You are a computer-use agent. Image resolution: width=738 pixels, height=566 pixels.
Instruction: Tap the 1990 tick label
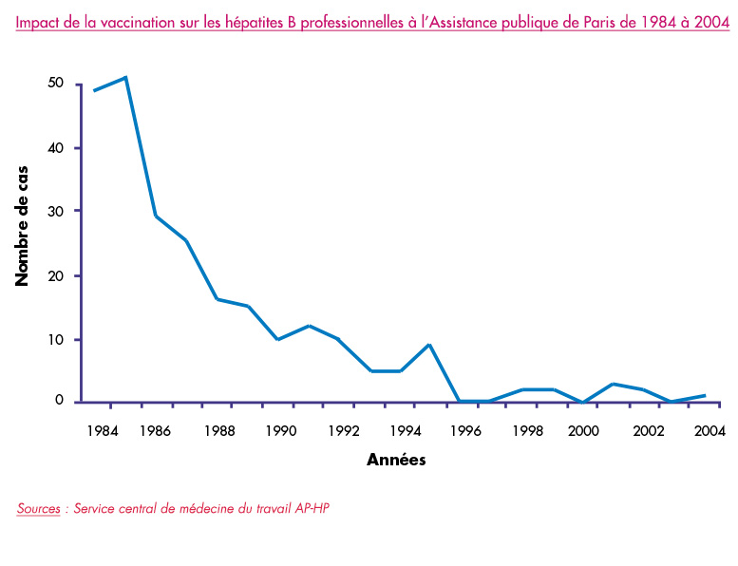tap(279, 430)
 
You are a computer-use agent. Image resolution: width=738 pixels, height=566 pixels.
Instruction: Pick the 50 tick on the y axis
tap(56, 84)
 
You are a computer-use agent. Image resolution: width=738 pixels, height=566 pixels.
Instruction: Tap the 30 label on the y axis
tap(56, 211)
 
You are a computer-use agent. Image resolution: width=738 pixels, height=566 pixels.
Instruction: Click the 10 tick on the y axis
tap(56, 340)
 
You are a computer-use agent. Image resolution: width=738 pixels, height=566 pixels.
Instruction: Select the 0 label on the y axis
tap(60, 401)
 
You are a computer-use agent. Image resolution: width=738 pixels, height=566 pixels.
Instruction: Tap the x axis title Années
tap(396, 461)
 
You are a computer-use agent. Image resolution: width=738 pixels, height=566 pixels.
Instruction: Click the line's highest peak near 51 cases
tap(125, 77)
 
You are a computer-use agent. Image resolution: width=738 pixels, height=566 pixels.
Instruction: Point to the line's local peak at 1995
tap(430, 345)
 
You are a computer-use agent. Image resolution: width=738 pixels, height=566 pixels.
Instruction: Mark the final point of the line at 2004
tap(704, 395)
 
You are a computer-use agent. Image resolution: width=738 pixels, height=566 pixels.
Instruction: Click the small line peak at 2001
tap(613, 384)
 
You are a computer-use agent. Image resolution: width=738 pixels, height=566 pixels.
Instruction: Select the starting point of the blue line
tap(93, 90)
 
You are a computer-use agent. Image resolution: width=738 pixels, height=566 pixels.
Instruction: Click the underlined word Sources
tap(38, 508)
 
